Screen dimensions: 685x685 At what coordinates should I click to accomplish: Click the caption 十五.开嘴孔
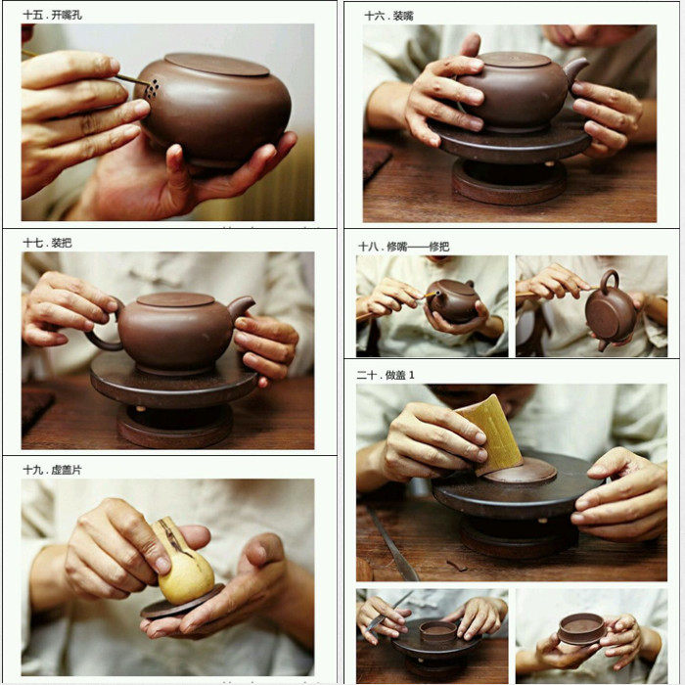click(x=53, y=16)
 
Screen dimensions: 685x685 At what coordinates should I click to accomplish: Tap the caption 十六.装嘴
click(x=388, y=17)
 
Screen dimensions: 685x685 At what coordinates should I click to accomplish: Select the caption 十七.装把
click(x=47, y=243)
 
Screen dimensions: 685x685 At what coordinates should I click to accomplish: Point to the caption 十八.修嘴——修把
click(x=403, y=247)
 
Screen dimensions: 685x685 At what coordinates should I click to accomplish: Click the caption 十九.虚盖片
click(x=52, y=470)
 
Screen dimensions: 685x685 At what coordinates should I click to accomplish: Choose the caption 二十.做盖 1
click(x=386, y=375)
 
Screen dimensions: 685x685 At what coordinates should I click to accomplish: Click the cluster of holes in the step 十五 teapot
click(x=152, y=89)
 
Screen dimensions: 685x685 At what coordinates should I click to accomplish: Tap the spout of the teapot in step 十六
click(x=575, y=69)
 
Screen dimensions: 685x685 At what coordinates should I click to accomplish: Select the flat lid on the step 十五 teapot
click(x=216, y=65)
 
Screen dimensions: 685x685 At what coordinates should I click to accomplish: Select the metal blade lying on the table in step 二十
click(x=391, y=544)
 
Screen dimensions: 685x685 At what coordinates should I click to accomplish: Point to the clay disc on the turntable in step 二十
click(x=520, y=471)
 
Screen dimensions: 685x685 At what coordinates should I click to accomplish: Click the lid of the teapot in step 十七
click(x=175, y=299)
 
